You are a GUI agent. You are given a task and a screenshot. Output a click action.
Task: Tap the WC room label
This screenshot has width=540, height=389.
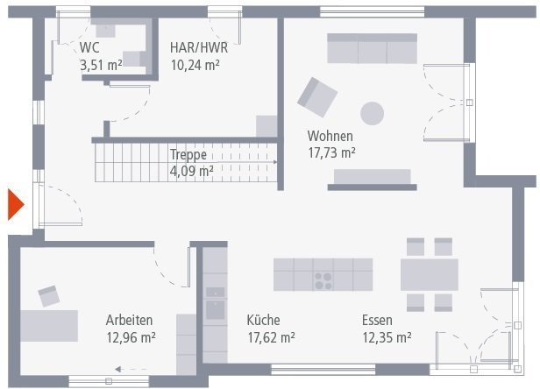pos(89,47)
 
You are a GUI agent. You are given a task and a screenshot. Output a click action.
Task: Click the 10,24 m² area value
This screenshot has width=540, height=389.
pos(195,64)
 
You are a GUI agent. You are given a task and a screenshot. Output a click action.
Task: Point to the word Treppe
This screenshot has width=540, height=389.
pos(188,154)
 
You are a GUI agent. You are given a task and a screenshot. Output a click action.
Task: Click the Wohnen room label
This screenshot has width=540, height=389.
pos(330,136)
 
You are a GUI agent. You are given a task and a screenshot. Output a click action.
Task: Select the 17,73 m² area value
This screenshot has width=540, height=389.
pos(330,152)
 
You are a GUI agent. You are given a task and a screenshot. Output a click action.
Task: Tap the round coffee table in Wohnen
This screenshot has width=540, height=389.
pos(373,113)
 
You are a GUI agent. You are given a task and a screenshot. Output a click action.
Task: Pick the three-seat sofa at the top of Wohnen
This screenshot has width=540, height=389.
pos(373,49)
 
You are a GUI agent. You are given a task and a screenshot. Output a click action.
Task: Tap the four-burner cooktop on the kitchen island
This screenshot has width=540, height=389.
pos(323,280)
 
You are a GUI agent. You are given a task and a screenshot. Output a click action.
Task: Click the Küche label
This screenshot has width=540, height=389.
pos(264,320)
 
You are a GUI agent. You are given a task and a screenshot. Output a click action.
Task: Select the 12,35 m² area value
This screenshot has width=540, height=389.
pos(387,336)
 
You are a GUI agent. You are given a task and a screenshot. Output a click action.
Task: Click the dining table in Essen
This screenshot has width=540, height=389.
pos(429,274)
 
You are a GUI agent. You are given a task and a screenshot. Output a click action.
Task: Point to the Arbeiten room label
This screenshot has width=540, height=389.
pos(130,320)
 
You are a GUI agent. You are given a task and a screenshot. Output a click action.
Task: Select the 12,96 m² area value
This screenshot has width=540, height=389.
pos(130,336)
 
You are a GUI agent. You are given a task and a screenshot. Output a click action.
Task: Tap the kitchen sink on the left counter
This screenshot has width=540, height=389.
pos(215,308)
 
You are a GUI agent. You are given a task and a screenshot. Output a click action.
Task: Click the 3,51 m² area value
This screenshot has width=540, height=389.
pos(100,64)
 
